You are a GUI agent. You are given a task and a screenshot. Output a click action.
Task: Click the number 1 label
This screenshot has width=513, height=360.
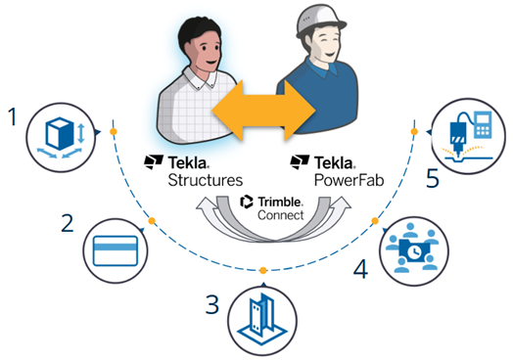[13, 118]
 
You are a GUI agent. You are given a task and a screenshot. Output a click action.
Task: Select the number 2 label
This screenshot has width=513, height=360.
[68, 224]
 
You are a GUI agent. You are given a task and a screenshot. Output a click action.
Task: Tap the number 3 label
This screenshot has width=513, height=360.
[211, 303]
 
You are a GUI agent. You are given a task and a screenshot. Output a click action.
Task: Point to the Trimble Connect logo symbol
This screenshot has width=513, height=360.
[248, 202]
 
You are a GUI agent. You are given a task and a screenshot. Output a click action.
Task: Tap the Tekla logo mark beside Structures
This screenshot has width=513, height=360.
[152, 160]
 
